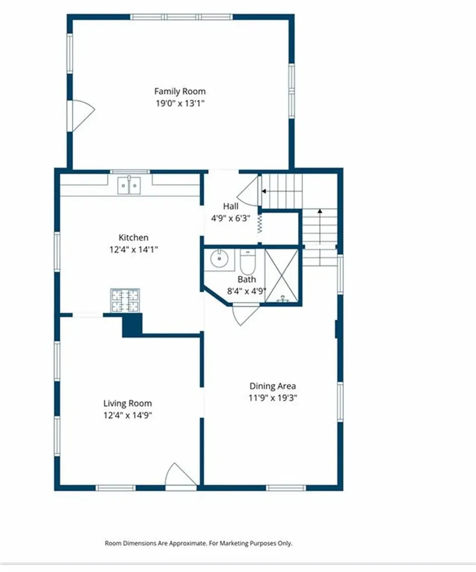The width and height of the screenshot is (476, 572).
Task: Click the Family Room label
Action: [x=180, y=91]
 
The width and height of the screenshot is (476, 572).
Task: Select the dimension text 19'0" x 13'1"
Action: [x=180, y=103]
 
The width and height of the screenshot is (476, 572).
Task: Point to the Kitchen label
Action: [x=133, y=237]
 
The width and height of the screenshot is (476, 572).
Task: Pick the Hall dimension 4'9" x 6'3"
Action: [x=230, y=218]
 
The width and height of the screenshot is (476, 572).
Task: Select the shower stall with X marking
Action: [x=283, y=276]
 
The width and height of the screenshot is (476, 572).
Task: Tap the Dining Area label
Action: [x=272, y=386]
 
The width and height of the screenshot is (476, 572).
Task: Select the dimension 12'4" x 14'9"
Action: [x=127, y=415]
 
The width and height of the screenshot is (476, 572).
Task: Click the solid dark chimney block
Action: [x=132, y=325]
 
